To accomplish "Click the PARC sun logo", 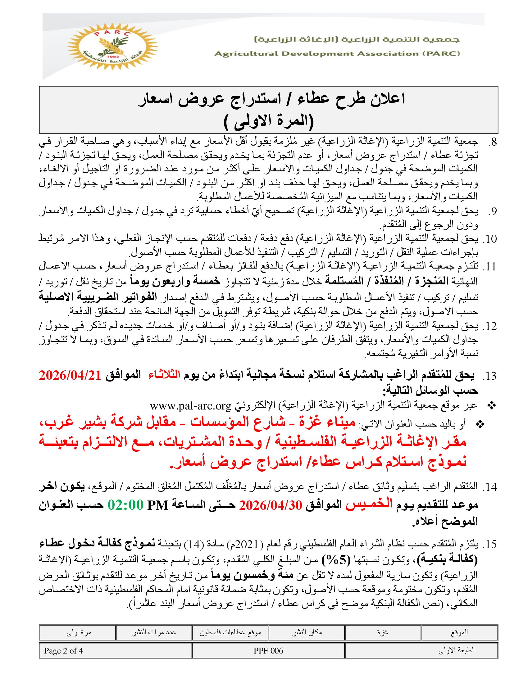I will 112,47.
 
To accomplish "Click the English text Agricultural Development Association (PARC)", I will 337,53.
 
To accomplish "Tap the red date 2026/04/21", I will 70,375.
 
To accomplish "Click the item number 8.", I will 492,142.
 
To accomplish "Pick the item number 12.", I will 489,326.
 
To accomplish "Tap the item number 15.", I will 489,545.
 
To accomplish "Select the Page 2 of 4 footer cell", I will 63,651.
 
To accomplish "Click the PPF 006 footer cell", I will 268,651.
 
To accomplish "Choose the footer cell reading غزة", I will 383,632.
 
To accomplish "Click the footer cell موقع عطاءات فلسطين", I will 230,632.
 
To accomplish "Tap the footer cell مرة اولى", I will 79,632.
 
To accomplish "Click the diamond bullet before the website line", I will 492,406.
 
